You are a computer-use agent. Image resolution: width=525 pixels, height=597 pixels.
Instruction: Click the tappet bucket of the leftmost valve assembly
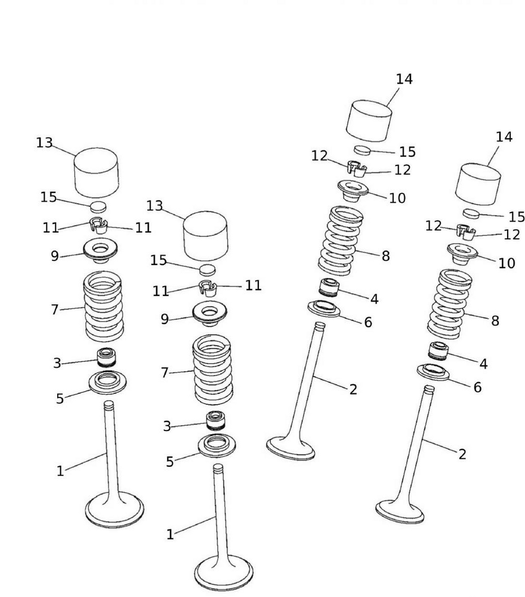point(95,172)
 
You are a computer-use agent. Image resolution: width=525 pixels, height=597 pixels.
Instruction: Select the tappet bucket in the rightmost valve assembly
point(478,184)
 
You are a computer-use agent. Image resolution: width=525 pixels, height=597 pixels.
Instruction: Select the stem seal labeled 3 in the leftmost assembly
point(107,357)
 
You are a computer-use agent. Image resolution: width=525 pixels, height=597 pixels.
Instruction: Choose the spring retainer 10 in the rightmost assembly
point(463,253)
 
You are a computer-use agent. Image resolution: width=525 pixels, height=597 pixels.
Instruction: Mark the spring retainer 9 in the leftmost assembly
point(100,249)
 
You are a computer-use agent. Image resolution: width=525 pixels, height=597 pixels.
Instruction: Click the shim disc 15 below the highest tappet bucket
point(363,149)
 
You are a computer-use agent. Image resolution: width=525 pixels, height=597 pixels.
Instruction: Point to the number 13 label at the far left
point(44,143)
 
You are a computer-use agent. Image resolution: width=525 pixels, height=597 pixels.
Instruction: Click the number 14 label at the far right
point(504,137)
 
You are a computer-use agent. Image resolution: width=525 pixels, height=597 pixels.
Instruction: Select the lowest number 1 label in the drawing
point(170,535)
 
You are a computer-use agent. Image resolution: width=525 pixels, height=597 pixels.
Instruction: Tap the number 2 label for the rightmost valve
point(462,454)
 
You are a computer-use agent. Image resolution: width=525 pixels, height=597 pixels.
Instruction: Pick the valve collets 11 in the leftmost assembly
point(97,226)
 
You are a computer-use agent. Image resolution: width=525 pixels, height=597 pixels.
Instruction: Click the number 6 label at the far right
point(477,387)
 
